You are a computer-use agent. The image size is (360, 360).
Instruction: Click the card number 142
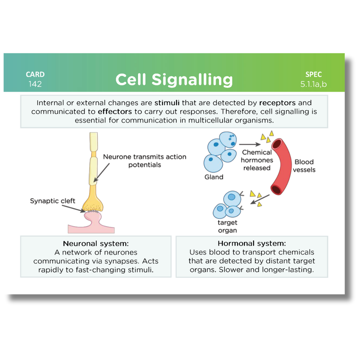coord(35,84)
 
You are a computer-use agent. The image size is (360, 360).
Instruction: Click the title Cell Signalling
coord(174,80)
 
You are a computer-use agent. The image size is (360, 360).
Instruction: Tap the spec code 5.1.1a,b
coord(313,84)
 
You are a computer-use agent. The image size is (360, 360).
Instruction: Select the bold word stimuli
coord(167,103)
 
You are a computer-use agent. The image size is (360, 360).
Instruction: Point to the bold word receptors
coord(277,103)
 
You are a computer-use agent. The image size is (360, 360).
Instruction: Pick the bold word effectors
coord(115,112)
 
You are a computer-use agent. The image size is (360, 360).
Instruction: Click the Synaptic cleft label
coord(52,201)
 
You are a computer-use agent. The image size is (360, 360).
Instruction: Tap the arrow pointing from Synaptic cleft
coord(73,209)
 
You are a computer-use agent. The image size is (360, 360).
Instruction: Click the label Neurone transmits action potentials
coord(145,161)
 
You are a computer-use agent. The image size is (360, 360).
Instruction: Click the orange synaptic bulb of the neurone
coord(93,202)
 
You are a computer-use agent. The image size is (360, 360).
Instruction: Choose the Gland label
coord(214,177)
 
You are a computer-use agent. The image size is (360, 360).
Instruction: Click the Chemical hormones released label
coord(257,160)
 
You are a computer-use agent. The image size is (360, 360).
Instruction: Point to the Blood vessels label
coord(304,166)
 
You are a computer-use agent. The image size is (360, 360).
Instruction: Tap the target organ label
coord(227,226)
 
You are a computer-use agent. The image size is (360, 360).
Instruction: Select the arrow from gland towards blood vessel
coord(250,144)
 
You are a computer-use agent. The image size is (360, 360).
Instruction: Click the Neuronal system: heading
coord(96,244)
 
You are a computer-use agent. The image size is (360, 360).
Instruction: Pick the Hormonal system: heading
coord(252,243)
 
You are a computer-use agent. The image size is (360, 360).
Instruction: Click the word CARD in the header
coord(35,74)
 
